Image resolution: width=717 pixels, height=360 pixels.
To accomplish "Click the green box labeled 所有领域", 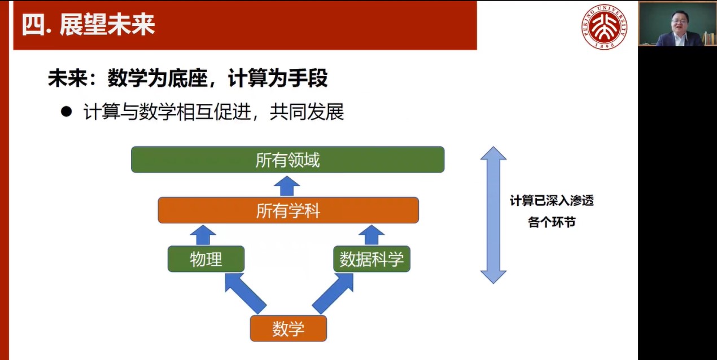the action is click(288, 159).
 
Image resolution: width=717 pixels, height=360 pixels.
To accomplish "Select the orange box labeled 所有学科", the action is click(288, 210).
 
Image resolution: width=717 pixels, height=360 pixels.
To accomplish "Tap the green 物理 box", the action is click(206, 259).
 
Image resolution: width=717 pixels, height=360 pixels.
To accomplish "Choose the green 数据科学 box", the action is click(371, 259).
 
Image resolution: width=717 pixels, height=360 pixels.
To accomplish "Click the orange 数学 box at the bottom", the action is click(288, 328).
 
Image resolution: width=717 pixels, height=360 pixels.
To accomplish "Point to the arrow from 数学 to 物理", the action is click(245, 293).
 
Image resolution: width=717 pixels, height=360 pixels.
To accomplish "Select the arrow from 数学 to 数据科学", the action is click(333, 293).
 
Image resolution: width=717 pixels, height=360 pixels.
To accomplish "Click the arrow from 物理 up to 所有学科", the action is click(203, 235).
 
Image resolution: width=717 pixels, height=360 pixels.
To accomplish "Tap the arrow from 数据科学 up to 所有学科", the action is click(371, 235).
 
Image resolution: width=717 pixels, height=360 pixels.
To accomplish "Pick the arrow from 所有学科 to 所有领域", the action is click(287, 186).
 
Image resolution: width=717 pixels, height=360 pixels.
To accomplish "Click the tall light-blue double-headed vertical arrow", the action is click(493, 215).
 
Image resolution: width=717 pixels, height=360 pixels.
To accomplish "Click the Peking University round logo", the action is click(604, 27).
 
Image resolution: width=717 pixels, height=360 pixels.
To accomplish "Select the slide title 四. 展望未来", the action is click(88, 25).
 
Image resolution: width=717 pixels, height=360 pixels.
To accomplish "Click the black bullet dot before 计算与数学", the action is click(66, 112).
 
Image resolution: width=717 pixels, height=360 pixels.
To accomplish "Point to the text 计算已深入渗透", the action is click(552, 201).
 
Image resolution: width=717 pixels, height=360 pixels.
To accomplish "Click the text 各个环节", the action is click(552, 222).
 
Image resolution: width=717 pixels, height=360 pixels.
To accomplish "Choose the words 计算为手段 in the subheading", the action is click(278, 78).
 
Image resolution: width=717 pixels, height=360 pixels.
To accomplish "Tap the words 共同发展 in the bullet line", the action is click(307, 112).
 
